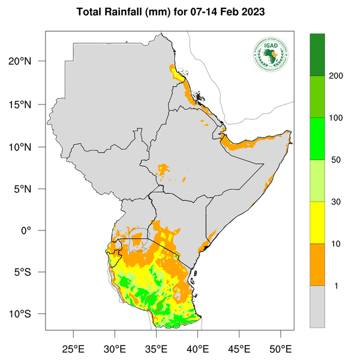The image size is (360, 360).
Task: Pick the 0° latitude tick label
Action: tap(33, 230)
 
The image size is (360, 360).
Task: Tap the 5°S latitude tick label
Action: tap(29, 272)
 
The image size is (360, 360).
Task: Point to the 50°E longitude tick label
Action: tap(280, 349)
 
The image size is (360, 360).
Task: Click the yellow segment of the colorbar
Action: tap(317, 222)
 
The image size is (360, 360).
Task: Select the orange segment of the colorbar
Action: tap(317, 264)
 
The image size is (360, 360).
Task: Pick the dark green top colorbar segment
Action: tap(317, 55)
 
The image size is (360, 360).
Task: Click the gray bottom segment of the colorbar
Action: tap(317, 306)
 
